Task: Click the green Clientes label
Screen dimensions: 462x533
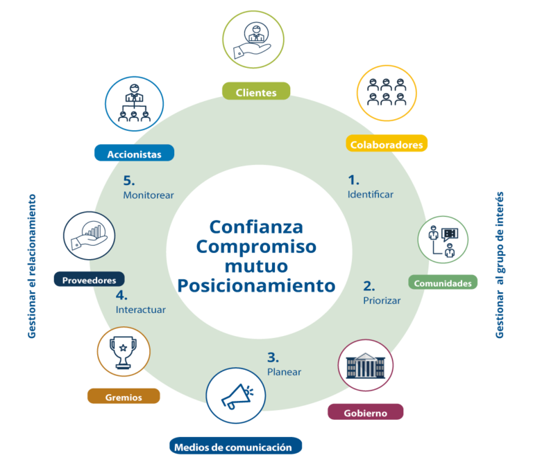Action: coord(256,92)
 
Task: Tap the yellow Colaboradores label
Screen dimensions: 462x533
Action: coord(387,144)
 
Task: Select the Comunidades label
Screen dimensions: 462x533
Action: coord(443,283)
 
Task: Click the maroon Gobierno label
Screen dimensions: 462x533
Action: coord(366,413)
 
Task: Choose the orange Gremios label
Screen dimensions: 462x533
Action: coord(124,397)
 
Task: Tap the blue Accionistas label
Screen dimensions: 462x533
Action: coord(134,154)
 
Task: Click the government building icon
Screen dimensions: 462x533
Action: coord(365,365)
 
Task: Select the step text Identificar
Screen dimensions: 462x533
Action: coord(371,195)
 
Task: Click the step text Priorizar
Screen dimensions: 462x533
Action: coord(382,301)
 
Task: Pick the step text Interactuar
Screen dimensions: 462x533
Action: coord(141,310)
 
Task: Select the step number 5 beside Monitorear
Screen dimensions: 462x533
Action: coord(129,180)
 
